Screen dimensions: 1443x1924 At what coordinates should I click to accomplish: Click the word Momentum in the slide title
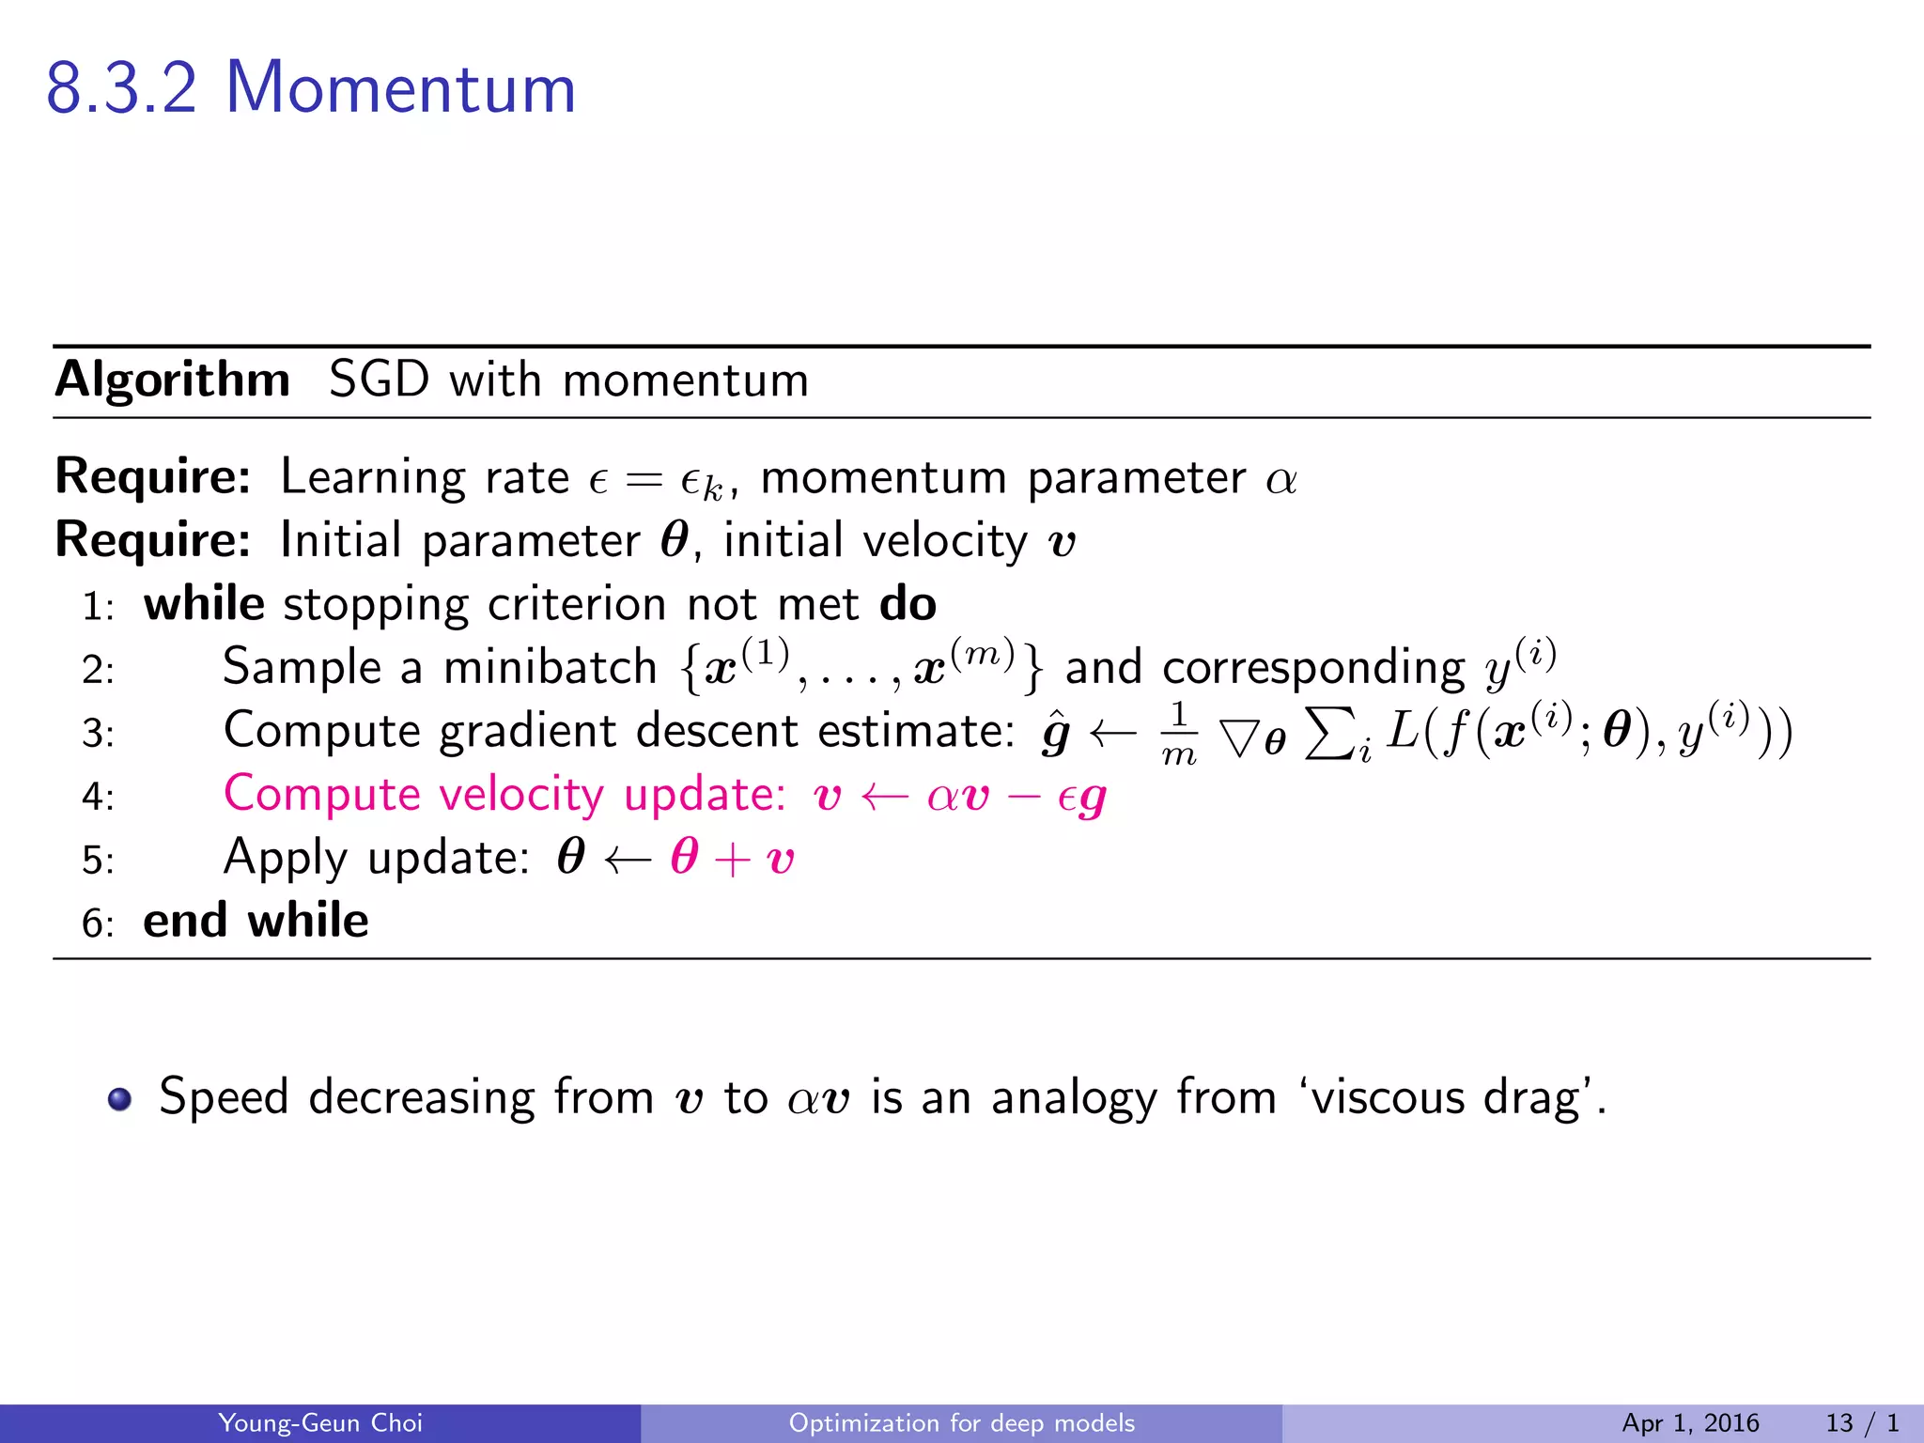pyautogui.click(x=400, y=88)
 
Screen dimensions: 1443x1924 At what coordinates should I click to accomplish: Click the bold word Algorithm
pyautogui.click(x=173, y=380)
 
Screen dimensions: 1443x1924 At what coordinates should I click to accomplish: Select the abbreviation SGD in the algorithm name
pyautogui.click(x=379, y=380)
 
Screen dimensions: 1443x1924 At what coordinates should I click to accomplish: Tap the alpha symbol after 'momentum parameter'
pyautogui.click(x=1281, y=480)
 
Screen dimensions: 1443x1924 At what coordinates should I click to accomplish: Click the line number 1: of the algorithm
pyautogui.click(x=98, y=607)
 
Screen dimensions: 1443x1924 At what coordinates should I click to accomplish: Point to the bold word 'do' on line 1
pyautogui.click(x=908, y=604)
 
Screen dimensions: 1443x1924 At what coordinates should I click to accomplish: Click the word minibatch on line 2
pyautogui.click(x=550, y=668)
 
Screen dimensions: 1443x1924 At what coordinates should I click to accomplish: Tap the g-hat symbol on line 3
pyautogui.click(x=1056, y=733)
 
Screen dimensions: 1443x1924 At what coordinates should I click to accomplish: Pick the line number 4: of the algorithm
pyautogui.click(x=98, y=798)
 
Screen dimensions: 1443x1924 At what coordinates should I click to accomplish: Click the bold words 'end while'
pyautogui.click(x=256, y=921)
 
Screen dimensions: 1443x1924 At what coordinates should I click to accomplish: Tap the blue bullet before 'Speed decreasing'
pyautogui.click(x=119, y=1098)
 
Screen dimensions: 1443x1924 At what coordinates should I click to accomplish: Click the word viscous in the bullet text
pyautogui.click(x=1388, y=1097)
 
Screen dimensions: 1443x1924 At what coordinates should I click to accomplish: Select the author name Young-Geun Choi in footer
pyautogui.click(x=320, y=1423)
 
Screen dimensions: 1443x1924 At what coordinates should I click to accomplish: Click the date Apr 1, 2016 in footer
pyautogui.click(x=1690, y=1423)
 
